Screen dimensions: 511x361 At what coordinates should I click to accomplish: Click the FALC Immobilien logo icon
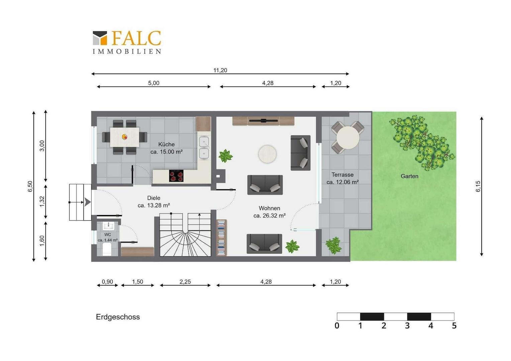point(100,38)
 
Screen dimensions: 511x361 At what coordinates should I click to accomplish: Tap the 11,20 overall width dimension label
point(220,70)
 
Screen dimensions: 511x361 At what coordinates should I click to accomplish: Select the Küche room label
point(167,144)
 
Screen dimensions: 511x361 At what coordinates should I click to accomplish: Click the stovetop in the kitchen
point(176,176)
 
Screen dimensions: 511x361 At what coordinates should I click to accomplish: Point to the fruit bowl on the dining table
point(124,137)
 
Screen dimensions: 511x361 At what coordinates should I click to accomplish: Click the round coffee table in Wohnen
point(267,154)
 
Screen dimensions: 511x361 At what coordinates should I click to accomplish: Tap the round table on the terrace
point(348,138)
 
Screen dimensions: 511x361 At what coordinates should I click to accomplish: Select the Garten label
point(409,176)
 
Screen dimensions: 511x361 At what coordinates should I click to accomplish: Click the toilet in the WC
point(107,249)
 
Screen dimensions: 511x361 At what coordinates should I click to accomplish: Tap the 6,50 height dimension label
point(30,186)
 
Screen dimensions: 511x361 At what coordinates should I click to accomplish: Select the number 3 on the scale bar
point(407,326)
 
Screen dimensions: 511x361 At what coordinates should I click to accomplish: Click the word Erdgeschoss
point(118,317)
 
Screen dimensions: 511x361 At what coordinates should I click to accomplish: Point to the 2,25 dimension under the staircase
point(185,282)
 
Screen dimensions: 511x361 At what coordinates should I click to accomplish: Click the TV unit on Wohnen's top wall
point(263,121)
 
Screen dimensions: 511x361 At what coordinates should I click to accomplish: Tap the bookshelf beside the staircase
point(221,238)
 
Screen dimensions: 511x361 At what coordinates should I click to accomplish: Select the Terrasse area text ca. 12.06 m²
point(343,182)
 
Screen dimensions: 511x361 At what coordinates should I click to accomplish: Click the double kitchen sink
point(204,147)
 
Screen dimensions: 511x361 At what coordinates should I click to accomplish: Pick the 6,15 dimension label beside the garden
point(478,186)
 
